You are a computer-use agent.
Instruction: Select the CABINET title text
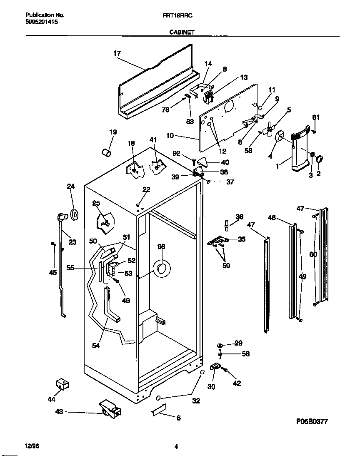pyautogui.click(x=182, y=31)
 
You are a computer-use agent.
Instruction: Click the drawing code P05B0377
pyautogui.click(x=311, y=421)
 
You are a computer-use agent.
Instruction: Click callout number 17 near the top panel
pyautogui.click(x=117, y=53)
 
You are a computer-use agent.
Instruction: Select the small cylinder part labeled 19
pyautogui.click(x=106, y=152)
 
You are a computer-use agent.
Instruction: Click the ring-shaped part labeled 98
pyautogui.click(x=162, y=269)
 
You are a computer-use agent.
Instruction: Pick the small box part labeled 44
pyautogui.click(x=62, y=384)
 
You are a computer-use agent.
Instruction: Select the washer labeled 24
pyautogui.click(x=75, y=214)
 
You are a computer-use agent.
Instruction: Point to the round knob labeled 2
pyautogui.click(x=320, y=159)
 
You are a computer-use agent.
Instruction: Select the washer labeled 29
pyautogui.click(x=221, y=345)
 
